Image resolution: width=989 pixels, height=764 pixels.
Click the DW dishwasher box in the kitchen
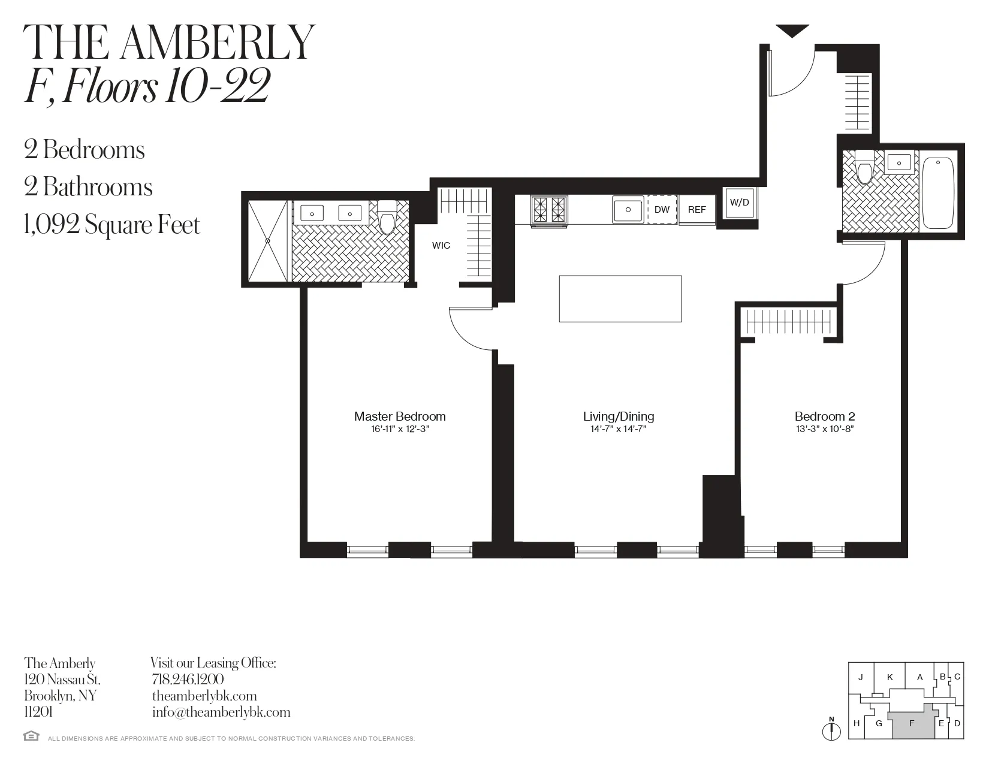[662, 210]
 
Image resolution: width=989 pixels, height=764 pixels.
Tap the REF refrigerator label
[696, 210]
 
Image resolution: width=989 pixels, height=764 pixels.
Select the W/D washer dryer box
[739, 203]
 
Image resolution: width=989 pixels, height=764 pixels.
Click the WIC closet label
[441, 245]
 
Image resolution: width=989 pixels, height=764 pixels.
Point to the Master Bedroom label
[400, 416]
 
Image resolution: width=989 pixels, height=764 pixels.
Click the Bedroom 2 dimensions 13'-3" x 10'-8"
[825, 429]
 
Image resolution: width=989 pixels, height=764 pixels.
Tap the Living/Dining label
[619, 416]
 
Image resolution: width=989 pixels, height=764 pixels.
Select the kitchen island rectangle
[620, 298]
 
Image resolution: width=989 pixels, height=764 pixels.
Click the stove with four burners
[549, 210]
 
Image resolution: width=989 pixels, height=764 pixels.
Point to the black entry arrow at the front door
[792, 31]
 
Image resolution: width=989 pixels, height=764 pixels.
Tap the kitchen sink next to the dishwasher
[628, 210]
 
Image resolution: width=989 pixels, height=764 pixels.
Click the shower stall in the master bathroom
[268, 241]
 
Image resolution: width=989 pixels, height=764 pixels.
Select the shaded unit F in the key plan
[912, 724]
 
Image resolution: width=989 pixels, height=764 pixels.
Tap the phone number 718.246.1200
[188, 680]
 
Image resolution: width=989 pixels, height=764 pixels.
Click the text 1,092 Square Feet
[112, 225]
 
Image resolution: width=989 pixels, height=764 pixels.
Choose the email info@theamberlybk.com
[221, 712]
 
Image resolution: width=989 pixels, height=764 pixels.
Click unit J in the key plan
[861, 678]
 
